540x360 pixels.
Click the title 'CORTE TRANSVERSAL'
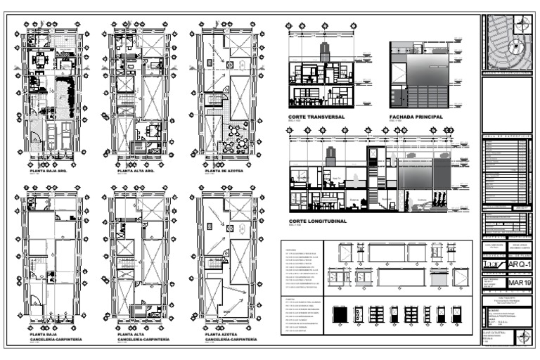[316, 117]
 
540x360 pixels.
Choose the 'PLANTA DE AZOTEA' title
[224, 171]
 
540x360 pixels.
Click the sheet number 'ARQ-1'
[520, 264]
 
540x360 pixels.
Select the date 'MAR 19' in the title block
[520, 283]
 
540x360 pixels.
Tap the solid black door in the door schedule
[338, 316]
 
